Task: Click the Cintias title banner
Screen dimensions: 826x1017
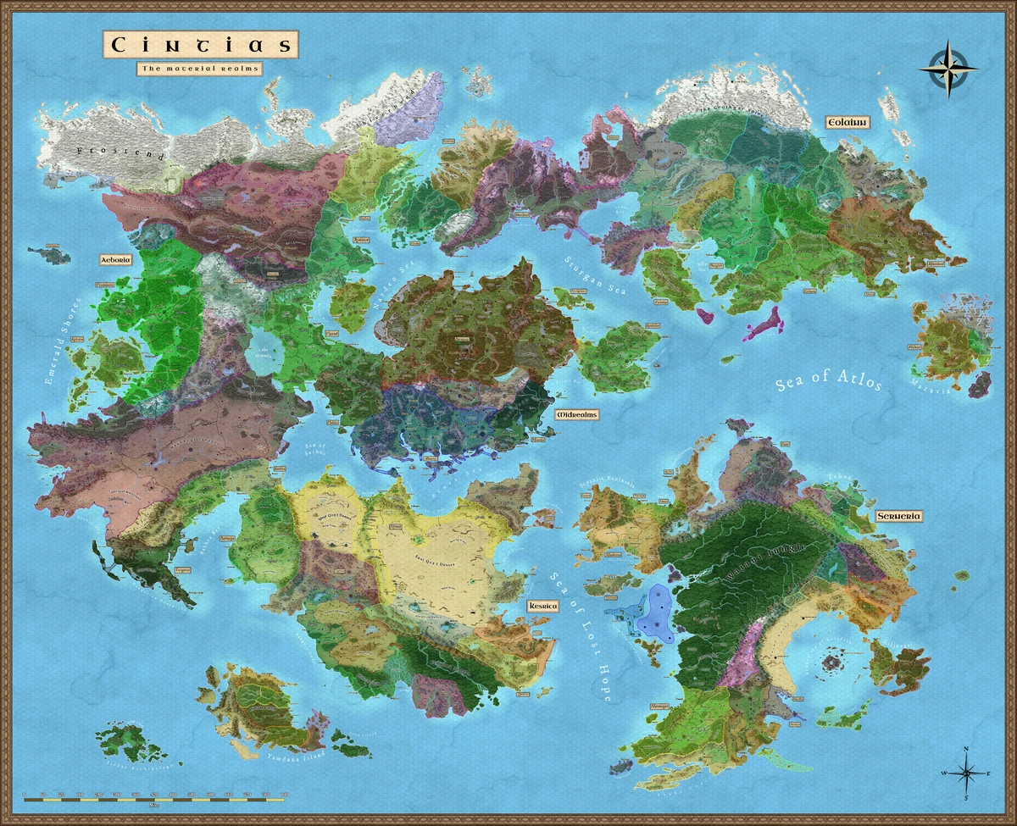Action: click(x=201, y=44)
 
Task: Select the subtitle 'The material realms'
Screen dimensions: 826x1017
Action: click(x=200, y=68)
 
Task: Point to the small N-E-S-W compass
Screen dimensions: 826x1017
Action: click(x=966, y=773)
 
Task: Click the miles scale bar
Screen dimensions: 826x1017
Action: click(x=158, y=797)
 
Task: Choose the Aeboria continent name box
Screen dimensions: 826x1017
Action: click(x=115, y=260)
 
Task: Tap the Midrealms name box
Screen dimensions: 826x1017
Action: click(x=576, y=415)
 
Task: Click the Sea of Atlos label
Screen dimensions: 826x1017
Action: click(x=829, y=382)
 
